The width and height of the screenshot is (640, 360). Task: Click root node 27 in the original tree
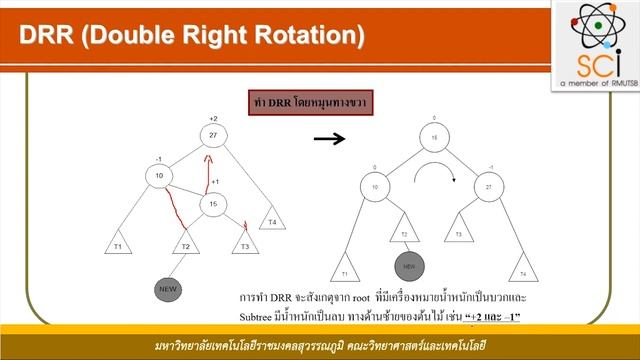coord(212,136)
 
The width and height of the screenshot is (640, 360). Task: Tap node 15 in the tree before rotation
coord(213,205)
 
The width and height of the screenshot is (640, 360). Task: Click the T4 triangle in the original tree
coord(271,220)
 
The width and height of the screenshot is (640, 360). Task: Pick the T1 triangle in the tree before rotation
coord(117,245)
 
